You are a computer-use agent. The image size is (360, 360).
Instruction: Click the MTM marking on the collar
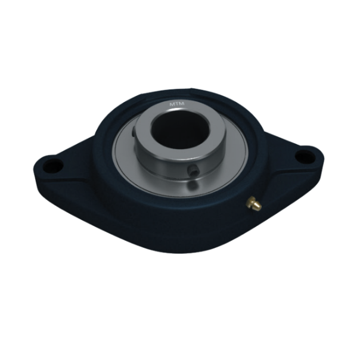(x=177, y=104)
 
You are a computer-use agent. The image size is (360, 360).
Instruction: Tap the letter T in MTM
(x=177, y=104)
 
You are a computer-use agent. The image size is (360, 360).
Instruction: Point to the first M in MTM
(x=172, y=104)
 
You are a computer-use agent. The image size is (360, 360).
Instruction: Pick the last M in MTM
(x=182, y=104)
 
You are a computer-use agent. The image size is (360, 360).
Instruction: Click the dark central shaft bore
(x=175, y=131)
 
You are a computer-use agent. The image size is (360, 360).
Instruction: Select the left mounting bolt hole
(x=53, y=165)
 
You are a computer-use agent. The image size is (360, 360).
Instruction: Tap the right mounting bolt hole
(x=305, y=156)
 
